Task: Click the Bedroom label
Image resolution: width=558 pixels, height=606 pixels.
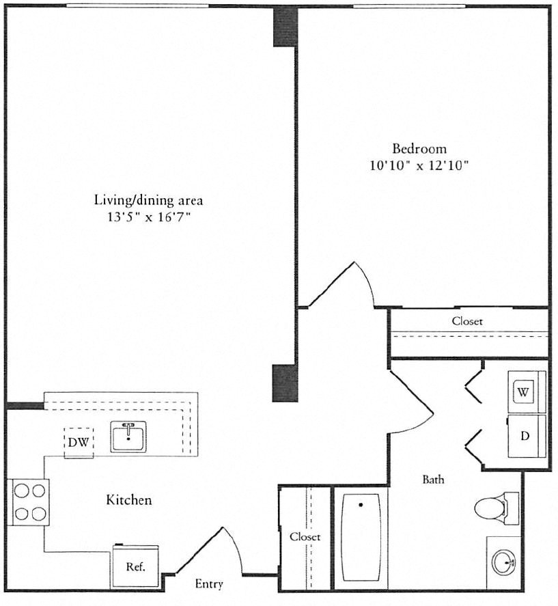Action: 419,149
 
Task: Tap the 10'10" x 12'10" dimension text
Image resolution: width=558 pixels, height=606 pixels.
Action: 419,166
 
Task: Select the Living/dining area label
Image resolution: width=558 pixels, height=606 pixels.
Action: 148,201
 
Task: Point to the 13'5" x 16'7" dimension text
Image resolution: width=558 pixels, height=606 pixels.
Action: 149,217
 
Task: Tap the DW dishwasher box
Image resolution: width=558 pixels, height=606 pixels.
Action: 79,443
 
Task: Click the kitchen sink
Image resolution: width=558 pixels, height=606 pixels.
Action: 128,437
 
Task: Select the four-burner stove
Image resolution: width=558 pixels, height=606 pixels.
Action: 29,502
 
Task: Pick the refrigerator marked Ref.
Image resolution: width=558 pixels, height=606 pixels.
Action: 136,566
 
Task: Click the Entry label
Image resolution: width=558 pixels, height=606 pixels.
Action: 209,583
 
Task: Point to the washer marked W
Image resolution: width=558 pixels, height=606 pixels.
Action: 527,392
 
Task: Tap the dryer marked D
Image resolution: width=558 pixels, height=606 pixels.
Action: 527,437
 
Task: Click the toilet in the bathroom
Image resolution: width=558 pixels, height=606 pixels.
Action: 496,508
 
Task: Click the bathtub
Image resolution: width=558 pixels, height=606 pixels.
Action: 361,537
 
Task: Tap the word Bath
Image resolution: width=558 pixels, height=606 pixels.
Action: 433,480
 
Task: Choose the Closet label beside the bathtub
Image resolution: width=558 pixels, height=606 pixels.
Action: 305,537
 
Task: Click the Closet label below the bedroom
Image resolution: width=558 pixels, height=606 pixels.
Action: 467,321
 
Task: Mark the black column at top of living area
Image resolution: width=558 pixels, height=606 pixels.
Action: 285,27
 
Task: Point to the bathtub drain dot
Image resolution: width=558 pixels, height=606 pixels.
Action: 361,505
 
